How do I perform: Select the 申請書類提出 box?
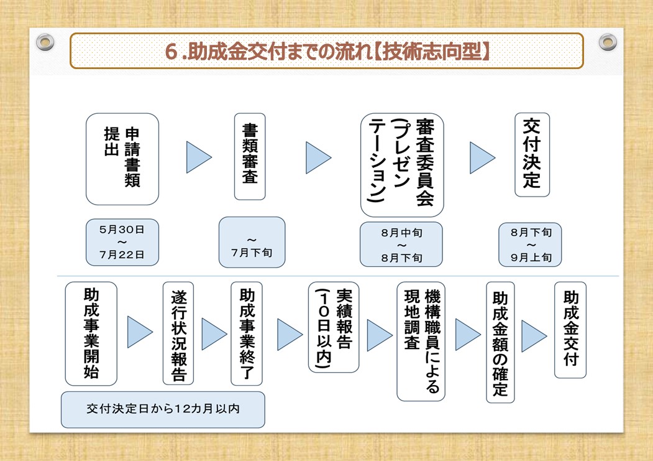pos(122,159)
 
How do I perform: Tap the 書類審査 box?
pos(250,156)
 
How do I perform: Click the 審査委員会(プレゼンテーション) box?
pos(402,165)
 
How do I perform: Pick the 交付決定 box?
pos(532,155)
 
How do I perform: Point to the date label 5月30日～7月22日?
pos(122,242)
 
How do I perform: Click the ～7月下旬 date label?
pos(252,242)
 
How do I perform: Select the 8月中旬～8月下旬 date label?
pos(401,244)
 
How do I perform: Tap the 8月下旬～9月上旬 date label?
pos(530,244)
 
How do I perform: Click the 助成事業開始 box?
pos(91,333)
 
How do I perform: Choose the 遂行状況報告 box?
pos(178,333)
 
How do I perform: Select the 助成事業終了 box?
pos(247,333)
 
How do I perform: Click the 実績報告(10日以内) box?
pos(334,327)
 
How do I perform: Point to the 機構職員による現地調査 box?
pos(421,342)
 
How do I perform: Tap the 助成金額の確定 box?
pos(500,342)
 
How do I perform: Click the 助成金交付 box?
pos(570,330)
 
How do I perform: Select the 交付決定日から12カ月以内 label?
pos(163,409)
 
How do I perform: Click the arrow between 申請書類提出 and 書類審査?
pos(199,157)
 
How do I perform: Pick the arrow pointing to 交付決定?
pos(482,157)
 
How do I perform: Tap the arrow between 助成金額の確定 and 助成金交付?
pos(534,336)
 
